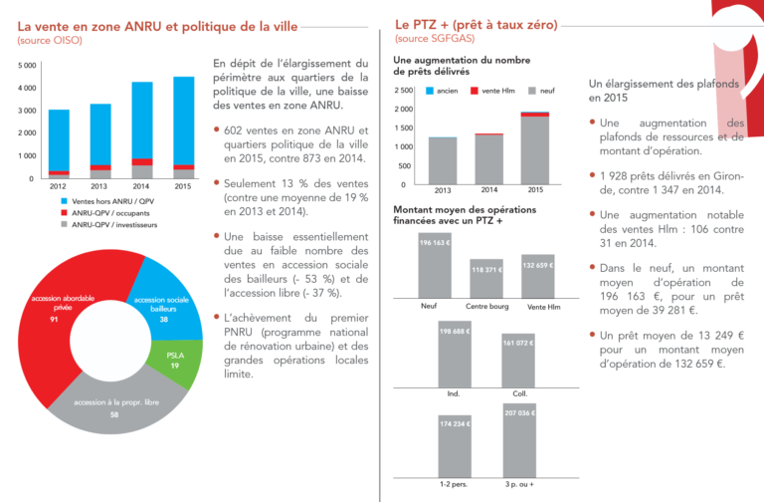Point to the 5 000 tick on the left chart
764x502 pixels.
tap(27, 66)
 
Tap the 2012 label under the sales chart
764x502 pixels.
tap(58, 186)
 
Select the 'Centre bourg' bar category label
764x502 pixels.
tap(487, 306)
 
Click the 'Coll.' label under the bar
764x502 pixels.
tap(517, 393)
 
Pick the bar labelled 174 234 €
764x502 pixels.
tap(455, 447)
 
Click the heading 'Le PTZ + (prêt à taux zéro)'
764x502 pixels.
tap(476, 24)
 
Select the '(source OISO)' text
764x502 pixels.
tap(46, 40)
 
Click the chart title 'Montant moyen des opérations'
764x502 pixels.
tap(465, 210)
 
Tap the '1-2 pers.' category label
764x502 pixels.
tap(455, 485)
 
